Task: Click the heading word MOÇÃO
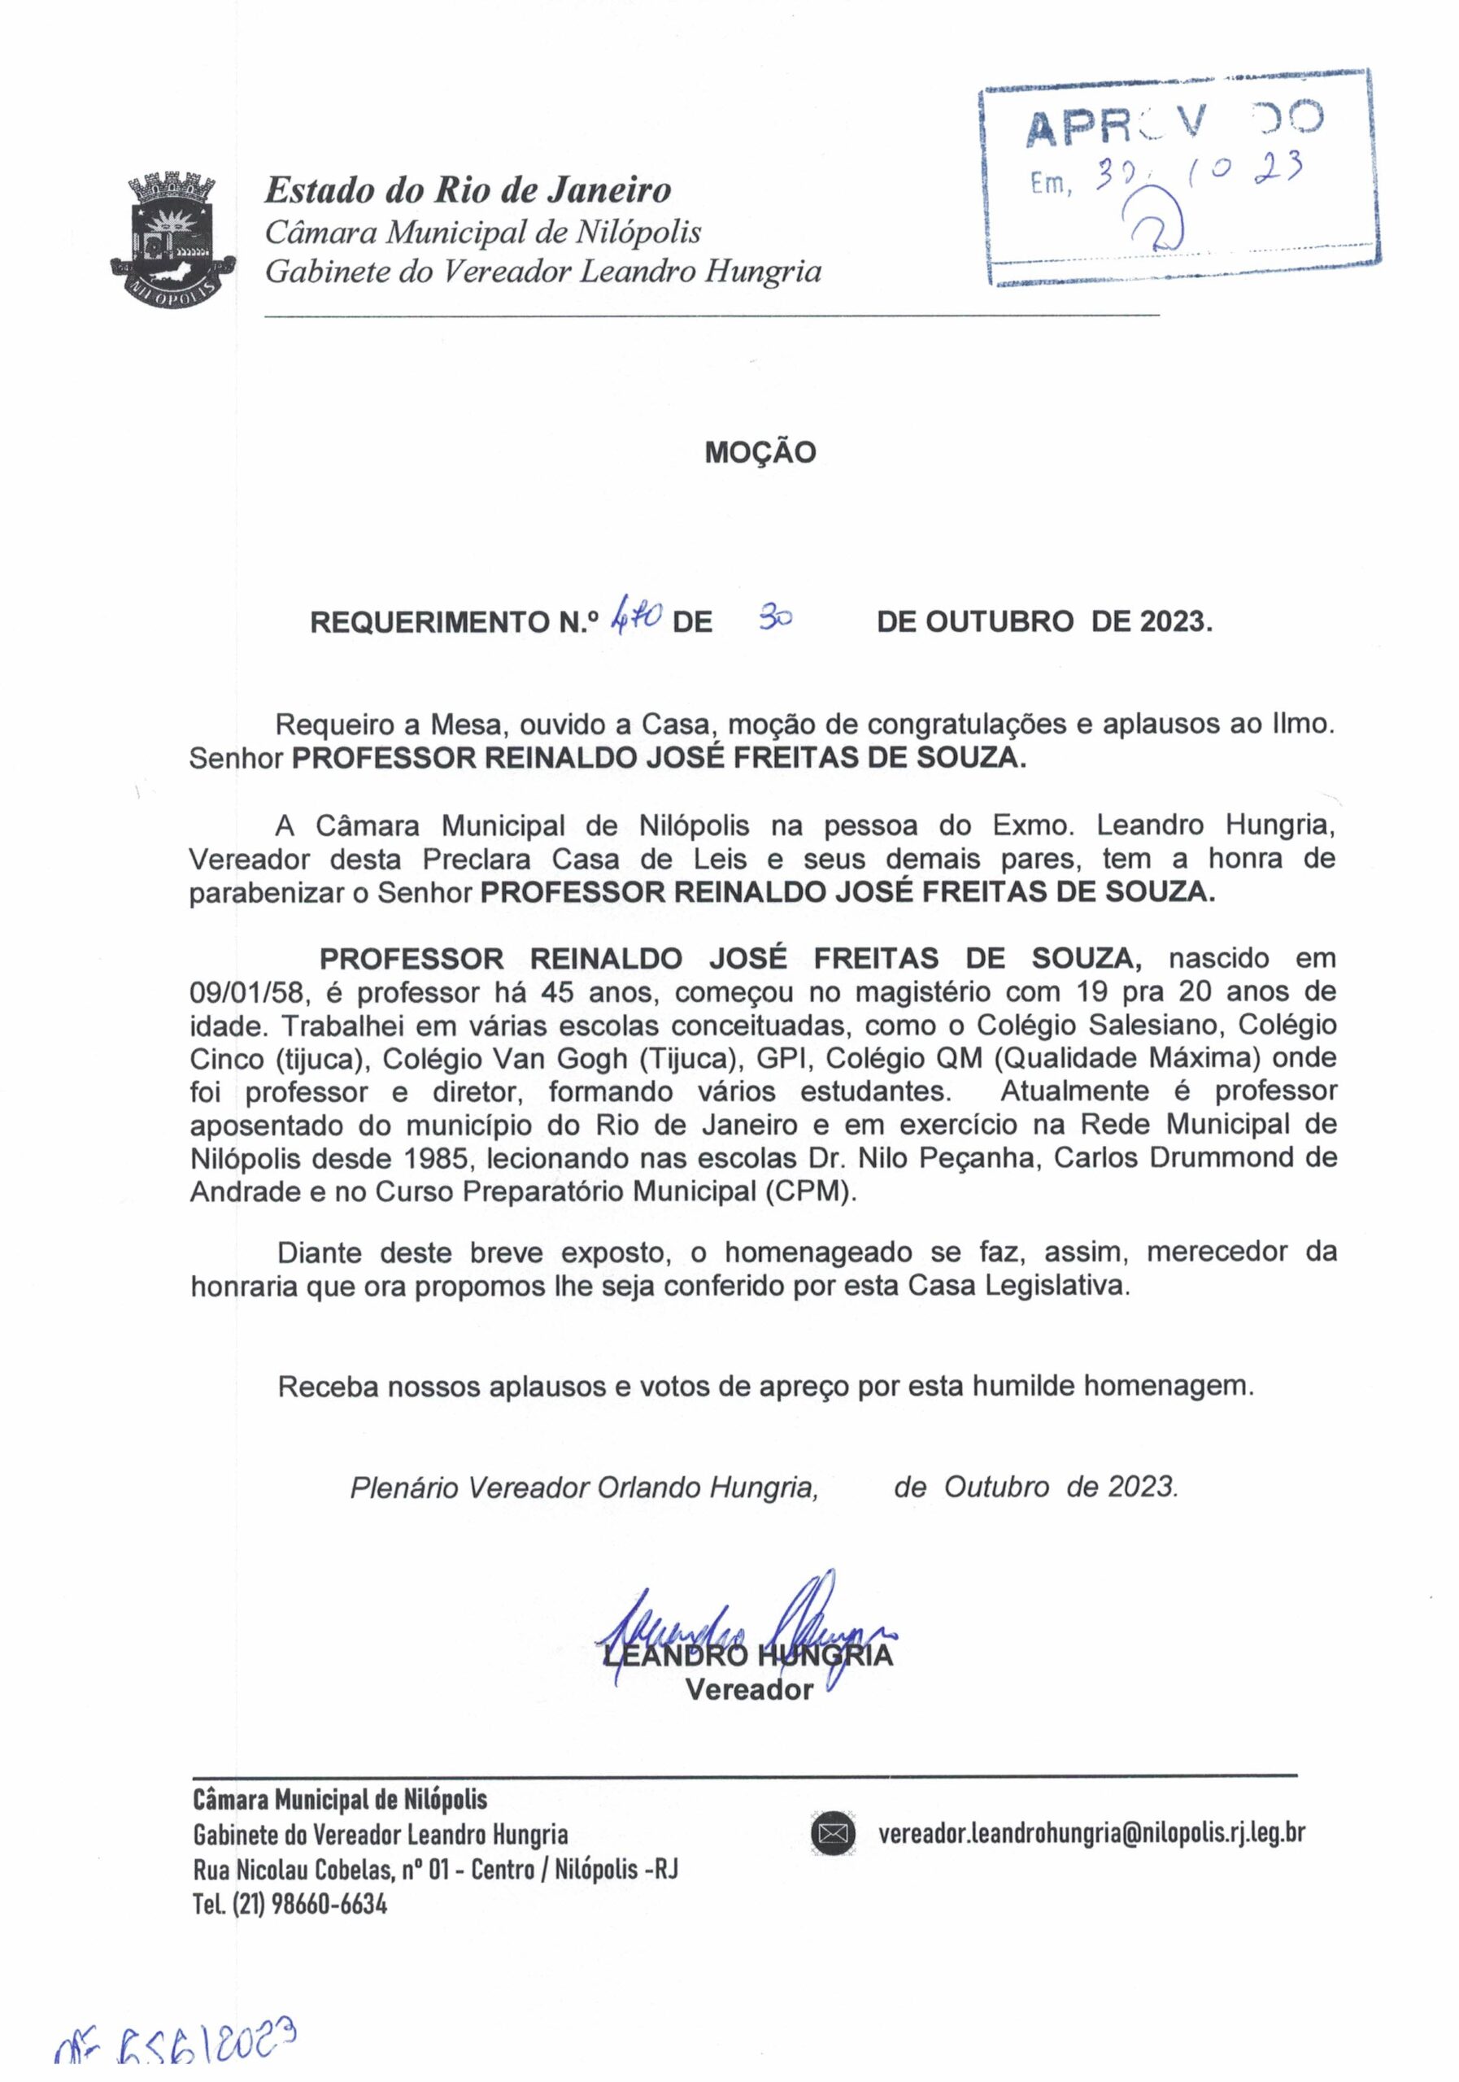(x=760, y=452)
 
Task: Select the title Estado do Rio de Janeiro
(x=468, y=189)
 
